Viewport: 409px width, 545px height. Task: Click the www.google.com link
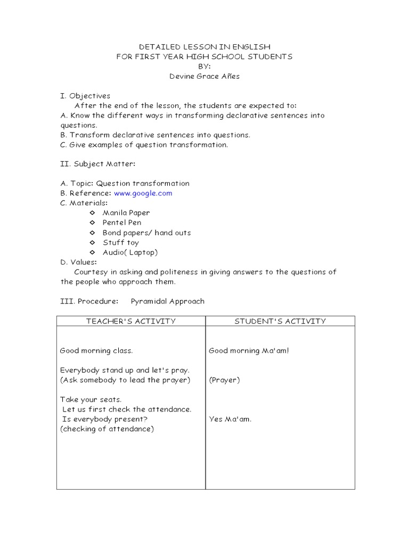[x=143, y=193]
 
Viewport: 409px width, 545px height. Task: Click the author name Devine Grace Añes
[x=204, y=77]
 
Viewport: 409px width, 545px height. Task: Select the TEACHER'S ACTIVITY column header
[x=130, y=321]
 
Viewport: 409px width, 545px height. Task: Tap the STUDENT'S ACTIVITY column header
[x=280, y=321]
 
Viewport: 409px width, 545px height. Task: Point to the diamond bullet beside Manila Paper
[x=92, y=213]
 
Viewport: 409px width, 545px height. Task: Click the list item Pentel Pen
[x=122, y=222]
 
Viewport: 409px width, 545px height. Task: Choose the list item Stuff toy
[x=121, y=243]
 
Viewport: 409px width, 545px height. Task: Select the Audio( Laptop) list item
[x=130, y=252]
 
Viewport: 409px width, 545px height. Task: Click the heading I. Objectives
[x=85, y=96]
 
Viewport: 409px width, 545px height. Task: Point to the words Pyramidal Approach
[x=168, y=301]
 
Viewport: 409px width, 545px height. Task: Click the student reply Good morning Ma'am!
[x=249, y=351]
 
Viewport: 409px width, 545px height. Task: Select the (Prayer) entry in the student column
[x=224, y=380]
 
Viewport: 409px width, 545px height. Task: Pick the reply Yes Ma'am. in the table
[x=230, y=419]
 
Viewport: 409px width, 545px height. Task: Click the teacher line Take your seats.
[x=91, y=400]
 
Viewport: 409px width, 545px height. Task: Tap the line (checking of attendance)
[x=107, y=429]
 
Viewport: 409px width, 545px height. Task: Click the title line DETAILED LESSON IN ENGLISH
[x=204, y=47]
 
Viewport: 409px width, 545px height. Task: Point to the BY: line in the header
[x=204, y=67]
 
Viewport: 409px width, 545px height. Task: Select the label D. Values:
[x=79, y=262]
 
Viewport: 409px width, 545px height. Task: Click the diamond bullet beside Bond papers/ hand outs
[x=92, y=233]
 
